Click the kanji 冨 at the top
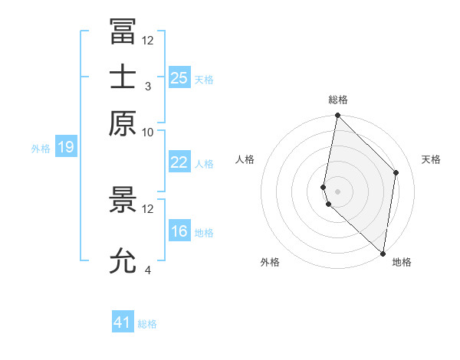tap(123, 32)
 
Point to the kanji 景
tap(123, 199)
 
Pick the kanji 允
tap(123, 260)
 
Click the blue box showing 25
tap(179, 78)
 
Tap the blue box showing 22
tap(179, 162)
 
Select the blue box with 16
tap(179, 232)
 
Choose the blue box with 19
tap(66, 147)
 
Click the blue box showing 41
tap(123, 322)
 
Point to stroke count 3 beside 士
tap(148, 87)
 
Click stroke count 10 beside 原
tap(148, 132)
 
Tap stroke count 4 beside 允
tap(148, 270)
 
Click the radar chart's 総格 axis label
tap(338, 100)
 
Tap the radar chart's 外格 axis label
tap(270, 263)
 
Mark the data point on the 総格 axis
tap(337, 116)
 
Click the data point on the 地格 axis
tap(383, 253)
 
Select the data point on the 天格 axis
tap(396, 172)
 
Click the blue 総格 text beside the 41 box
tap(148, 324)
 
